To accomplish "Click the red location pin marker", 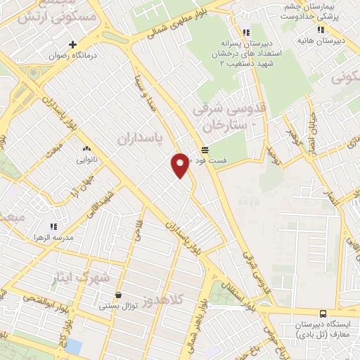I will click(180, 165).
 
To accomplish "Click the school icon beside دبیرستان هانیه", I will click(321, 30).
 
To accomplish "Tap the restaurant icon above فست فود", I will click(205, 150).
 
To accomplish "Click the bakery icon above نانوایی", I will click(87, 148).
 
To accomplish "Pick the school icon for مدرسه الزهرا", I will click(53, 226).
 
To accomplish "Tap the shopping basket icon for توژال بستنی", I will click(117, 295).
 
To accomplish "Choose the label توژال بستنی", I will click(116, 306).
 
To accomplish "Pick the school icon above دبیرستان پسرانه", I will click(245, 32).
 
